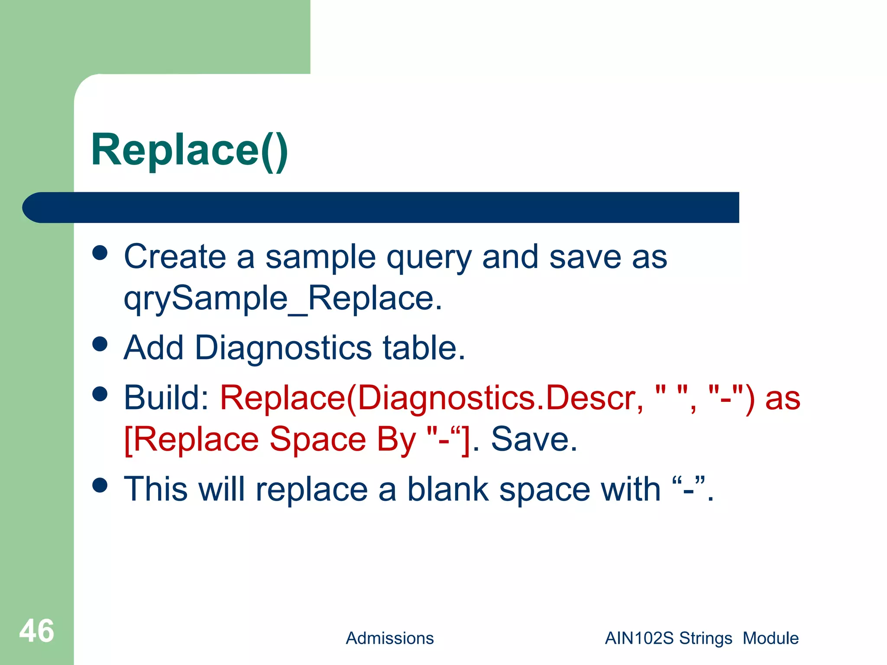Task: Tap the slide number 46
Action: pos(36,631)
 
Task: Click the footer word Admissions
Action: pos(389,638)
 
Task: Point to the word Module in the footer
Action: pos(770,638)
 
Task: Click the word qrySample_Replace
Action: pos(282,299)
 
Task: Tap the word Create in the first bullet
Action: pos(175,257)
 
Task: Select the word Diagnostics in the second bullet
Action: pos(283,348)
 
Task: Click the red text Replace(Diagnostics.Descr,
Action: pos(431,398)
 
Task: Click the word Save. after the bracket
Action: pos(534,439)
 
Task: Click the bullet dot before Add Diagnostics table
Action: pos(100,344)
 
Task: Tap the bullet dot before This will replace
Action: pos(100,485)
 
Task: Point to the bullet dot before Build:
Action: pos(100,394)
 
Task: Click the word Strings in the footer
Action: pos(706,638)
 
